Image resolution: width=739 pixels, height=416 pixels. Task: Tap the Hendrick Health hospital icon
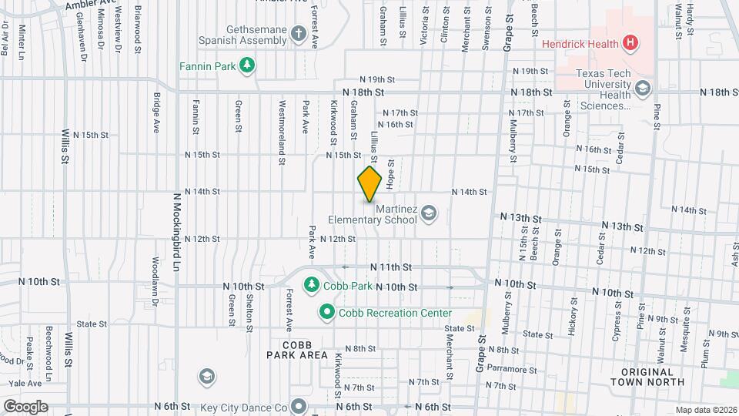click(630, 43)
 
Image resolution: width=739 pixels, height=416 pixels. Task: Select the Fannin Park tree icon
click(246, 66)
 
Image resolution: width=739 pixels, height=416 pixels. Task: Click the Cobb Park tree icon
click(312, 286)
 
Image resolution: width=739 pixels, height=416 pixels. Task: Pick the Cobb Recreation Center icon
click(326, 313)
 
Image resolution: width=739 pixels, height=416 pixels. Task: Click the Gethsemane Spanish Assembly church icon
click(297, 35)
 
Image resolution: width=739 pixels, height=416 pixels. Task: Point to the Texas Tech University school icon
click(641, 89)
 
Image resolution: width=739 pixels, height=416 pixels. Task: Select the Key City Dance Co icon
click(298, 408)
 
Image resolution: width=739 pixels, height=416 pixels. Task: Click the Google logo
click(25, 406)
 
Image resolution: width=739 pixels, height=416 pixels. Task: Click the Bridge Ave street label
click(156, 112)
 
